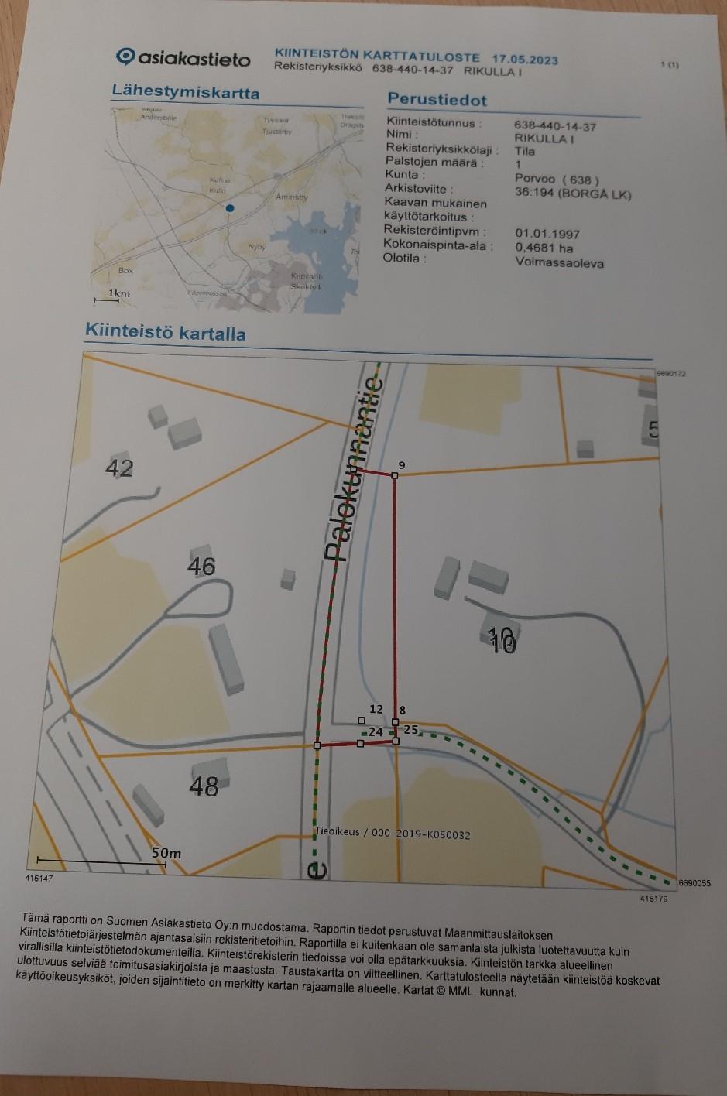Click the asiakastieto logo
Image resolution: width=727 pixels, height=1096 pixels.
[183, 58]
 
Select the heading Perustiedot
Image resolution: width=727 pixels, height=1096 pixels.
[437, 100]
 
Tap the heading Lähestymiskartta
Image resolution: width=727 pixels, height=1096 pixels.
[185, 92]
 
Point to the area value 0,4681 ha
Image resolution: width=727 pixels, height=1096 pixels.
[544, 248]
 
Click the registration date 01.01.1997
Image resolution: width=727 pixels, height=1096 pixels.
[547, 234]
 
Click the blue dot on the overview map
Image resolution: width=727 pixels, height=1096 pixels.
[229, 209]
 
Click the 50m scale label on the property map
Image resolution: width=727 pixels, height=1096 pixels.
[166, 853]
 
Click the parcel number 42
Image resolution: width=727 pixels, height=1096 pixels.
[120, 468]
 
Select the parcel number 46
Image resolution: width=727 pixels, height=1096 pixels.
[201, 566]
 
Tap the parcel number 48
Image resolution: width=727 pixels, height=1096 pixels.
[204, 786]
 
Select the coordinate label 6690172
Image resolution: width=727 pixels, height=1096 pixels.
[670, 374]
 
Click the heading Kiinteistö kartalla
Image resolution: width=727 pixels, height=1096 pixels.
[165, 332]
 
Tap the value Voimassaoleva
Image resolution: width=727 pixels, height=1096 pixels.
[559, 262]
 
